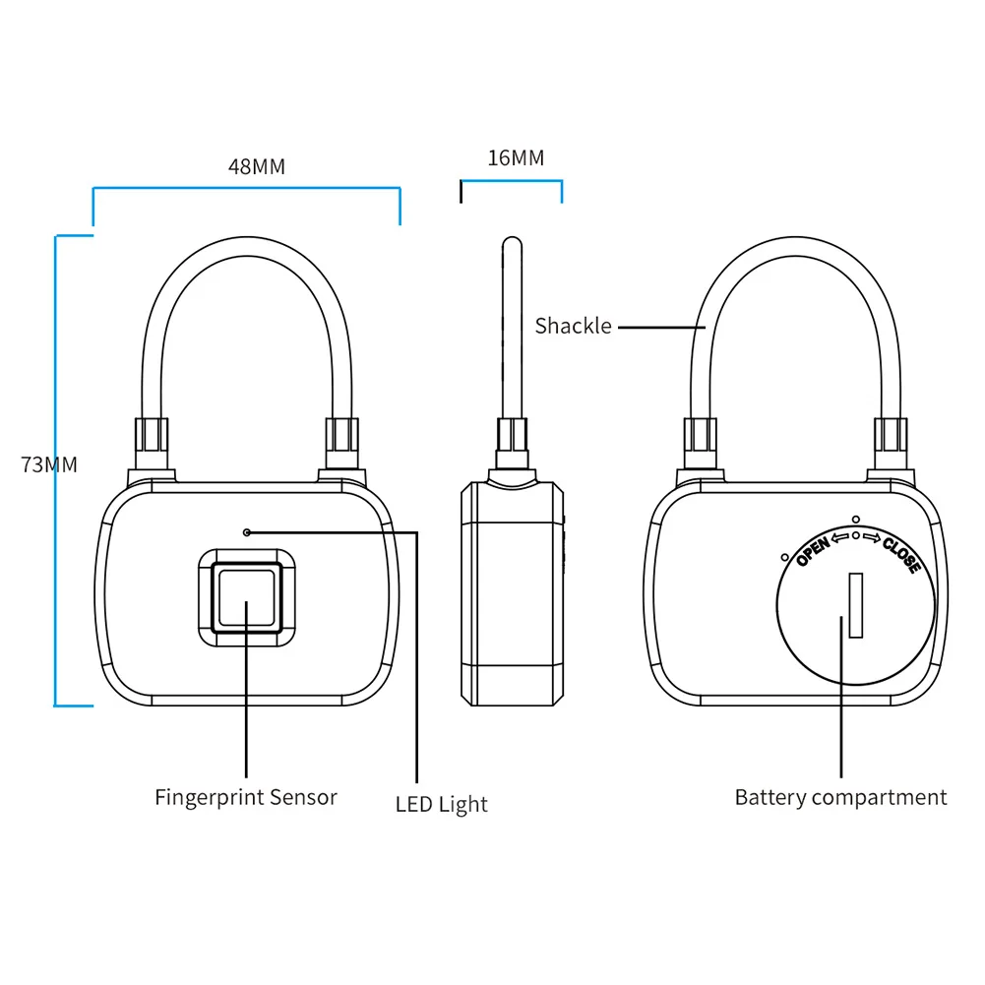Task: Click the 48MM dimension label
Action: coord(257,166)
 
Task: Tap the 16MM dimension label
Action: coord(516,157)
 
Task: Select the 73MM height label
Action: coord(49,464)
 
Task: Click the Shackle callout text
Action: coord(573,326)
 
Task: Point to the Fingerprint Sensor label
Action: coord(246,797)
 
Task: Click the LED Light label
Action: coord(442,804)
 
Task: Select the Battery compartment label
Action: coord(840,797)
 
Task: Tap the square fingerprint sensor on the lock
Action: coord(246,597)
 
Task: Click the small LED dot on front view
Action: coord(247,532)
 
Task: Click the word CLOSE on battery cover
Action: coord(901,554)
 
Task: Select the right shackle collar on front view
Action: coord(341,442)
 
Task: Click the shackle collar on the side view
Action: coord(512,443)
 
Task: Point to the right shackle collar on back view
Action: coord(891,442)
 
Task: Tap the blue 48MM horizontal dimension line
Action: coord(246,187)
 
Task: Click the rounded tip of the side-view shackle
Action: coord(511,242)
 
